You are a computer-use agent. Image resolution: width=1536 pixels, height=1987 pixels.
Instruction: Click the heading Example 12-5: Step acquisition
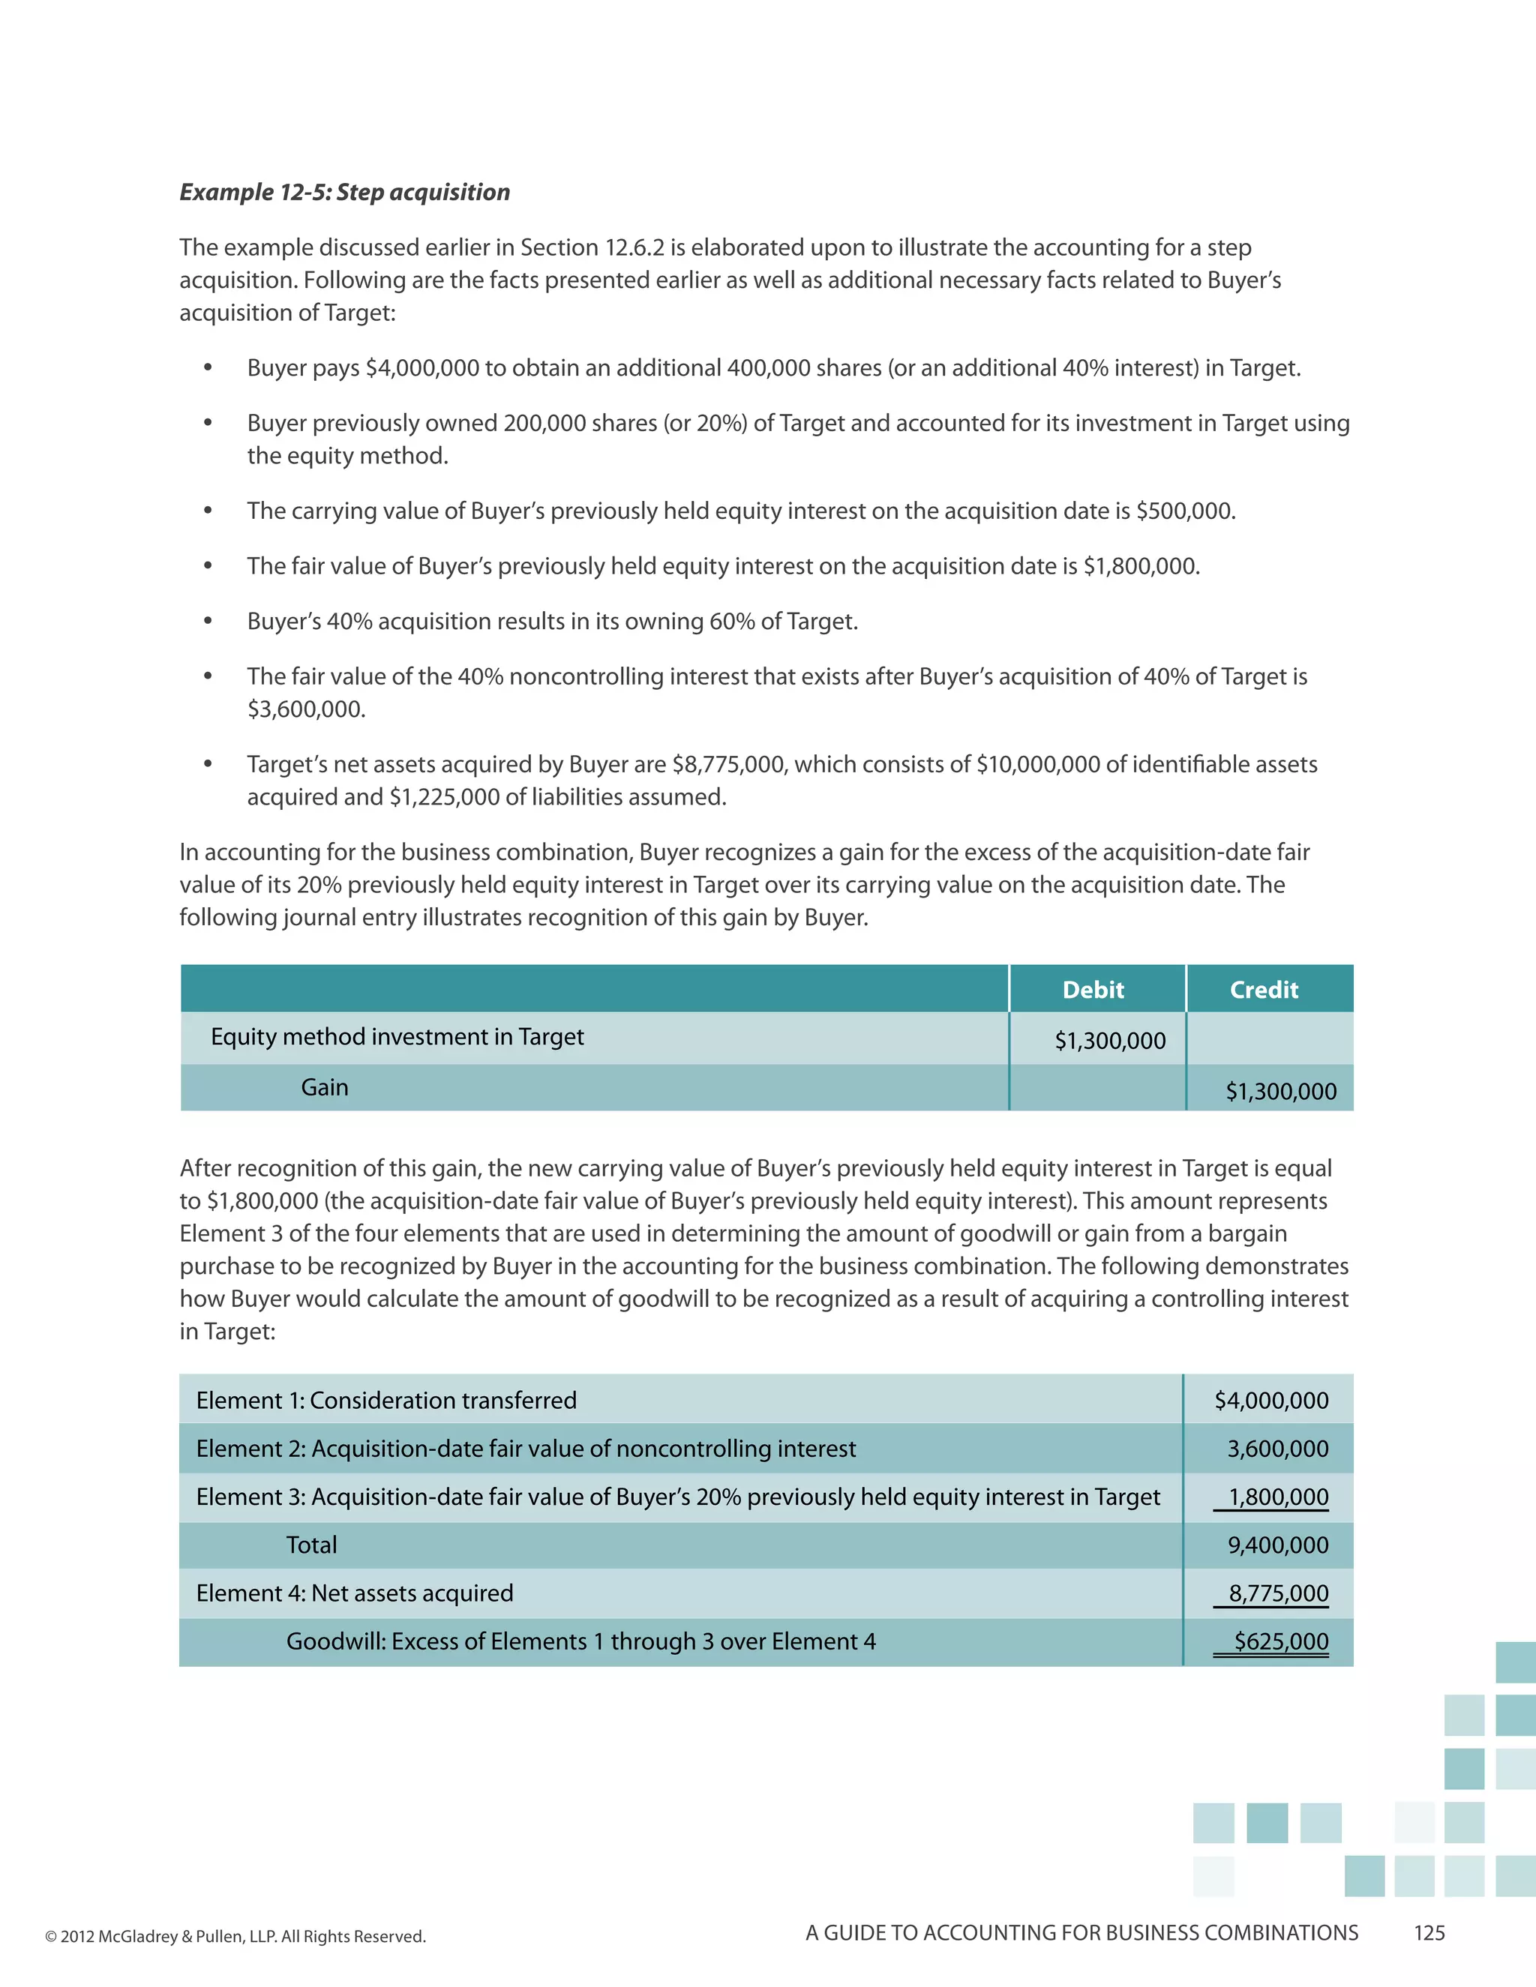(x=344, y=192)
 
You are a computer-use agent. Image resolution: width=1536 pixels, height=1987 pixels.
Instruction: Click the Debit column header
(x=1093, y=990)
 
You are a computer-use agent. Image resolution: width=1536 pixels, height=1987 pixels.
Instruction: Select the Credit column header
(x=1263, y=990)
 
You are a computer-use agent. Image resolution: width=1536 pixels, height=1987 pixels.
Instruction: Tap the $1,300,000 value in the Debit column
(x=1109, y=1041)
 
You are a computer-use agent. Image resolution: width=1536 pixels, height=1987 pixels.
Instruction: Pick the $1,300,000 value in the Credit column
(x=1280, y=1091)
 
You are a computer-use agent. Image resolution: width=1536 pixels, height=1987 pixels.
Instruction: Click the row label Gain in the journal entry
(x=325, y=1087)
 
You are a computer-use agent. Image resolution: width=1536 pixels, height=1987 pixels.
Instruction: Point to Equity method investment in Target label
(x=397, y=1037)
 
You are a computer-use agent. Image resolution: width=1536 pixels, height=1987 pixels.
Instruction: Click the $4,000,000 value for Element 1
(x=1271, y=1400)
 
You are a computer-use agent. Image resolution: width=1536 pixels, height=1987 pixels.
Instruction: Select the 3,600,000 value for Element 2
(x=1277, y=1449)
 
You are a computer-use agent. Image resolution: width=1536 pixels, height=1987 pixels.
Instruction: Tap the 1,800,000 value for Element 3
(x=1277, y=1497)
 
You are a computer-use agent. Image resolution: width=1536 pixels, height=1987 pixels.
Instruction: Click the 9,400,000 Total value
(x=1277, y=1545)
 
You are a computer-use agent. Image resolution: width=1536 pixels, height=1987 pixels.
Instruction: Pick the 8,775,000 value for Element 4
(x=1277, y=1593)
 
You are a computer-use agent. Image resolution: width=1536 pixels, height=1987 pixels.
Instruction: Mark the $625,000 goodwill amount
(x=1280, y=1641)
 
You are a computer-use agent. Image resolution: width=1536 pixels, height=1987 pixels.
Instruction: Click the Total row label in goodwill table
(x=311, y=1545)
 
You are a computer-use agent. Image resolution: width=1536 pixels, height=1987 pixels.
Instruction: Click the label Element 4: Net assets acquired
(x=355, y=1593)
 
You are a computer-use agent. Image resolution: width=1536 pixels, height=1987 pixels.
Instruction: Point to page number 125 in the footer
(x=1429, y=1933)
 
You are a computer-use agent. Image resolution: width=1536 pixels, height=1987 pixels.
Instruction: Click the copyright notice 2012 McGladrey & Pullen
(x=235, y=1936)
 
